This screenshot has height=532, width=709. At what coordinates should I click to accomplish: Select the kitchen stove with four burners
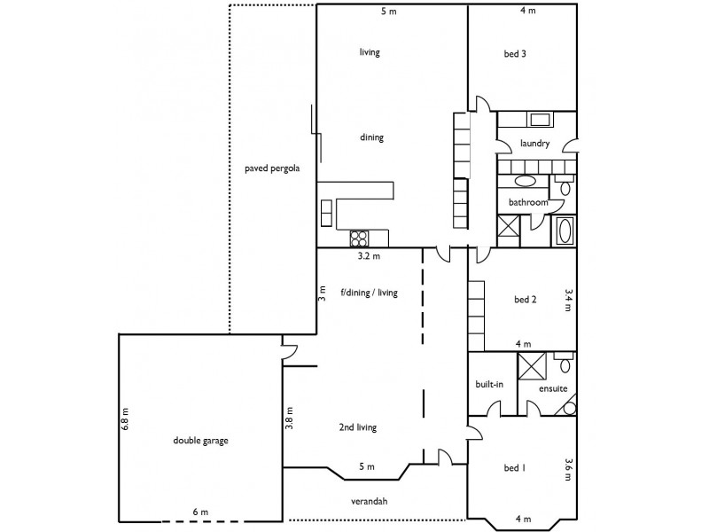[x=360, y=237]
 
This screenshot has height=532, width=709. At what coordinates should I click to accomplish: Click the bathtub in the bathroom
[x=564, y=232]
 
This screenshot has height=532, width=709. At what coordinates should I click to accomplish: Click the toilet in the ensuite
[x=564, y=363]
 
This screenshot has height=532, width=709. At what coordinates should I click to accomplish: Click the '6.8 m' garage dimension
[x=126, y=419]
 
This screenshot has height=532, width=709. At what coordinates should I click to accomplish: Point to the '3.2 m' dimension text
[x=369, y=257]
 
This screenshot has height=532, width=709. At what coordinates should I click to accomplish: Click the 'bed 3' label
[x=515, y=53]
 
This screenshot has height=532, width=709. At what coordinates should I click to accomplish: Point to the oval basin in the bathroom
[x=525, y=182]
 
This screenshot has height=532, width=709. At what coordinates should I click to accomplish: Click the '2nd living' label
[x=358, y=427]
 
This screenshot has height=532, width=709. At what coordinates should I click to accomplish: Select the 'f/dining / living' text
[x=369, y=291]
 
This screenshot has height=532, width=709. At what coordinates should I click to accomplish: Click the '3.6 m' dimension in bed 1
[x=567, y=469]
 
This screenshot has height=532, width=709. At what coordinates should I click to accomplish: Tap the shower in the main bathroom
[x=510, y=230]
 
